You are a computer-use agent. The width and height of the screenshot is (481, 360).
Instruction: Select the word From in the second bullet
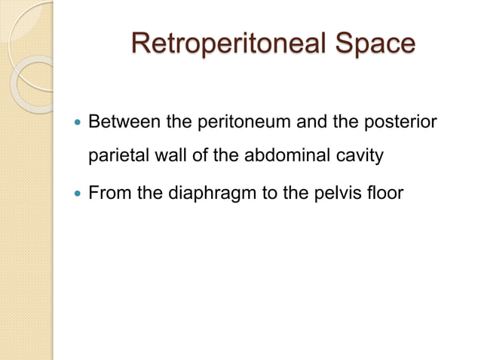[108, 194]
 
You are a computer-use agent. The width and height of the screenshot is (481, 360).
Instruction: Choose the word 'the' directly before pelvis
[296, 194]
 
